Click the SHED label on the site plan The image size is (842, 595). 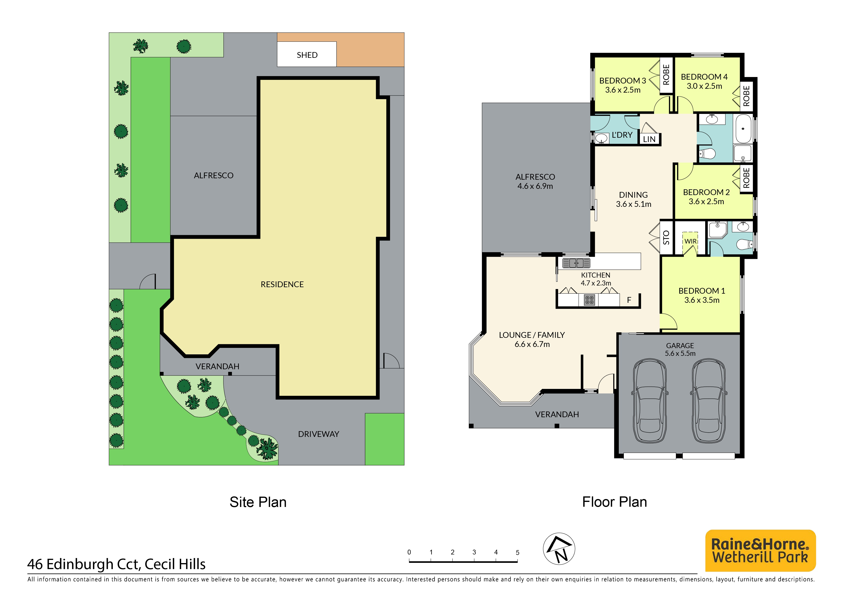tap(307, 55)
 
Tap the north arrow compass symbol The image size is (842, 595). tap(559, 549)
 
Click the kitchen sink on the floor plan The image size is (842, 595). tap(576, 263)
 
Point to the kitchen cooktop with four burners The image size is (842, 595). tap(589, 300)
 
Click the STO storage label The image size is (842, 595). tap(666, 238)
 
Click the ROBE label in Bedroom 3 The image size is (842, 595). tap(666, 75)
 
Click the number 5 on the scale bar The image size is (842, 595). tap(517, 553)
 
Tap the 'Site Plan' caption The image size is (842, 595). tap(258, 502)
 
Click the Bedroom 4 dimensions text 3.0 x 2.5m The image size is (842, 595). tap(704, 86)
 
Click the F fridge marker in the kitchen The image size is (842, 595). tap(629, 300)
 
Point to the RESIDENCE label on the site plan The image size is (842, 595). tap(282, 285)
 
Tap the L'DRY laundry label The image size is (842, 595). tap(622, 135)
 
